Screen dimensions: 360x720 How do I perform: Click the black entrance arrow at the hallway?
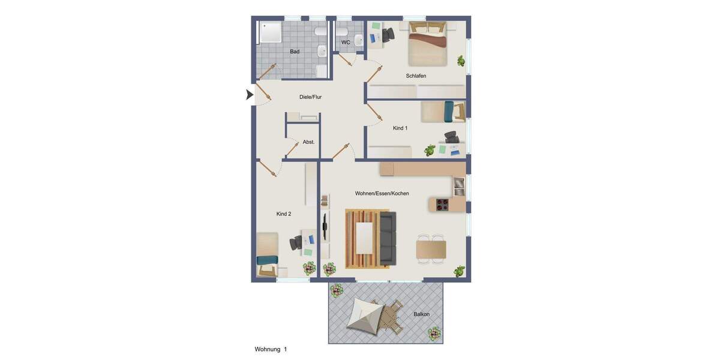(x=250, y=95)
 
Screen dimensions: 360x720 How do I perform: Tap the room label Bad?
(x=295, y=52)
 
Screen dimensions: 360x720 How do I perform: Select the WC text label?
(x=346, y=43)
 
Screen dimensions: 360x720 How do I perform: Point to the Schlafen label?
(x=416, y=76)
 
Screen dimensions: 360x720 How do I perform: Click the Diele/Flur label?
(x=310, y=97)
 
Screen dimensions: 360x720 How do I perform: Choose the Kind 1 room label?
(x=400, y=128)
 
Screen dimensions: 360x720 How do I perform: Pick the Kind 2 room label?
(x=284, y=214)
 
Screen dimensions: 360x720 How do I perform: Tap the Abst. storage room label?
(x=308, y=142)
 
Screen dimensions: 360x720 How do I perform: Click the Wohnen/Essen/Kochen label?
(x=382, y=194)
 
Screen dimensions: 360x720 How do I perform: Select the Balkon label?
(x=421, y=314)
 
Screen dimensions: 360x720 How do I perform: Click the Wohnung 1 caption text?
(x=271, y=349)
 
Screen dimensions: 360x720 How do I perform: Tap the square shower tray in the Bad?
(x=270, y=32)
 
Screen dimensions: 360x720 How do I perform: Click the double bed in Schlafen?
(x=428, y=44)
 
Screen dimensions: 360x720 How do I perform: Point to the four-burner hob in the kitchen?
(x=443, y=205)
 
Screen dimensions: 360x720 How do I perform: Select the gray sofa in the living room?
(x=388, y=238)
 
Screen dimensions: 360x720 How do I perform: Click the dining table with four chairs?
(x=431, y=249)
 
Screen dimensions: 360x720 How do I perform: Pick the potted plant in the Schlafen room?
(x=461, y=61)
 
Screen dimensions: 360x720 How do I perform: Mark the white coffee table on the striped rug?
(x=364, y=238)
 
